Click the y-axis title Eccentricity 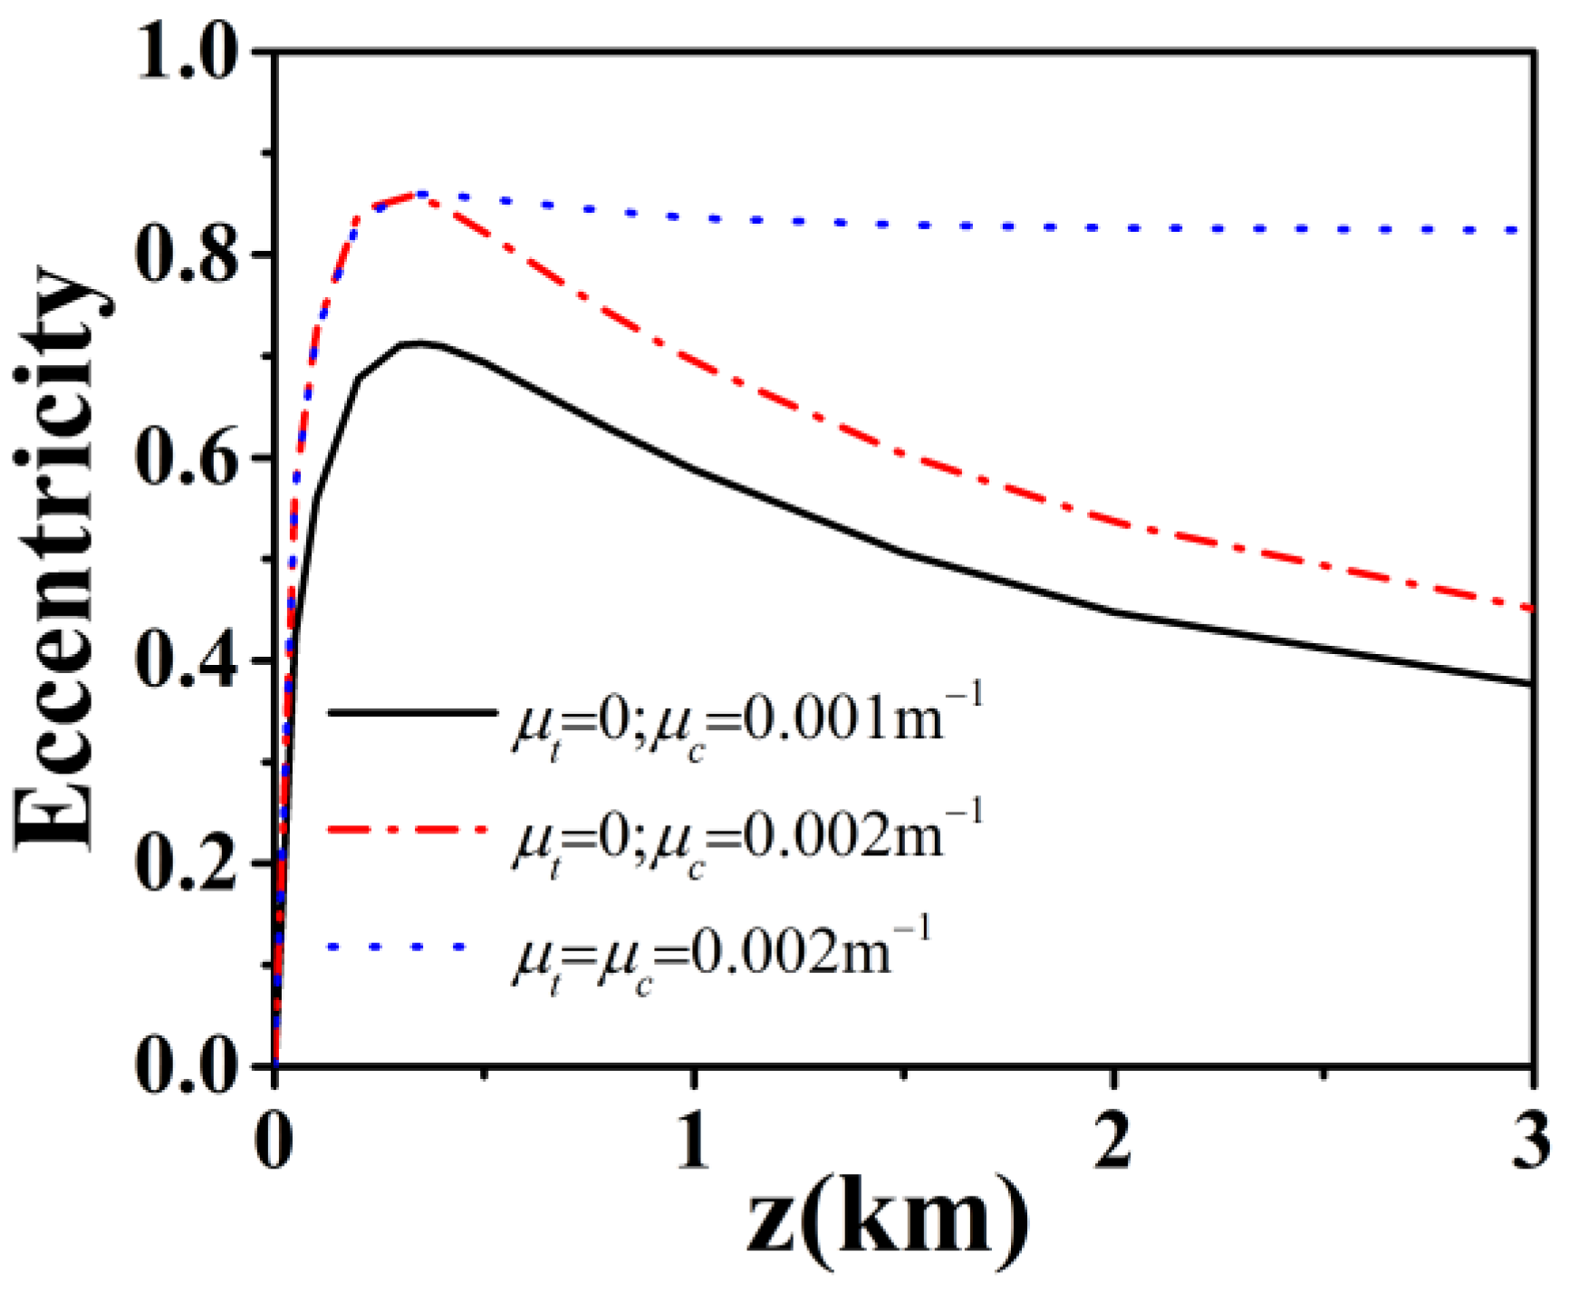point(59,557)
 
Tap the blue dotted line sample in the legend point(399,947)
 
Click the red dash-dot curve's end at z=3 point(1531,609)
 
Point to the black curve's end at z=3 point(1531,684)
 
